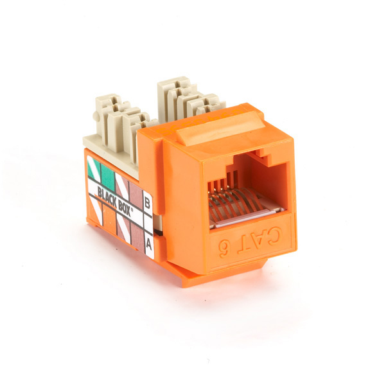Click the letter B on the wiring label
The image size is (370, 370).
(x=147, y=204)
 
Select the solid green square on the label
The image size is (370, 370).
(x=108, y=174)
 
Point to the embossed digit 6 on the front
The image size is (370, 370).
(x=224, y=249)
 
